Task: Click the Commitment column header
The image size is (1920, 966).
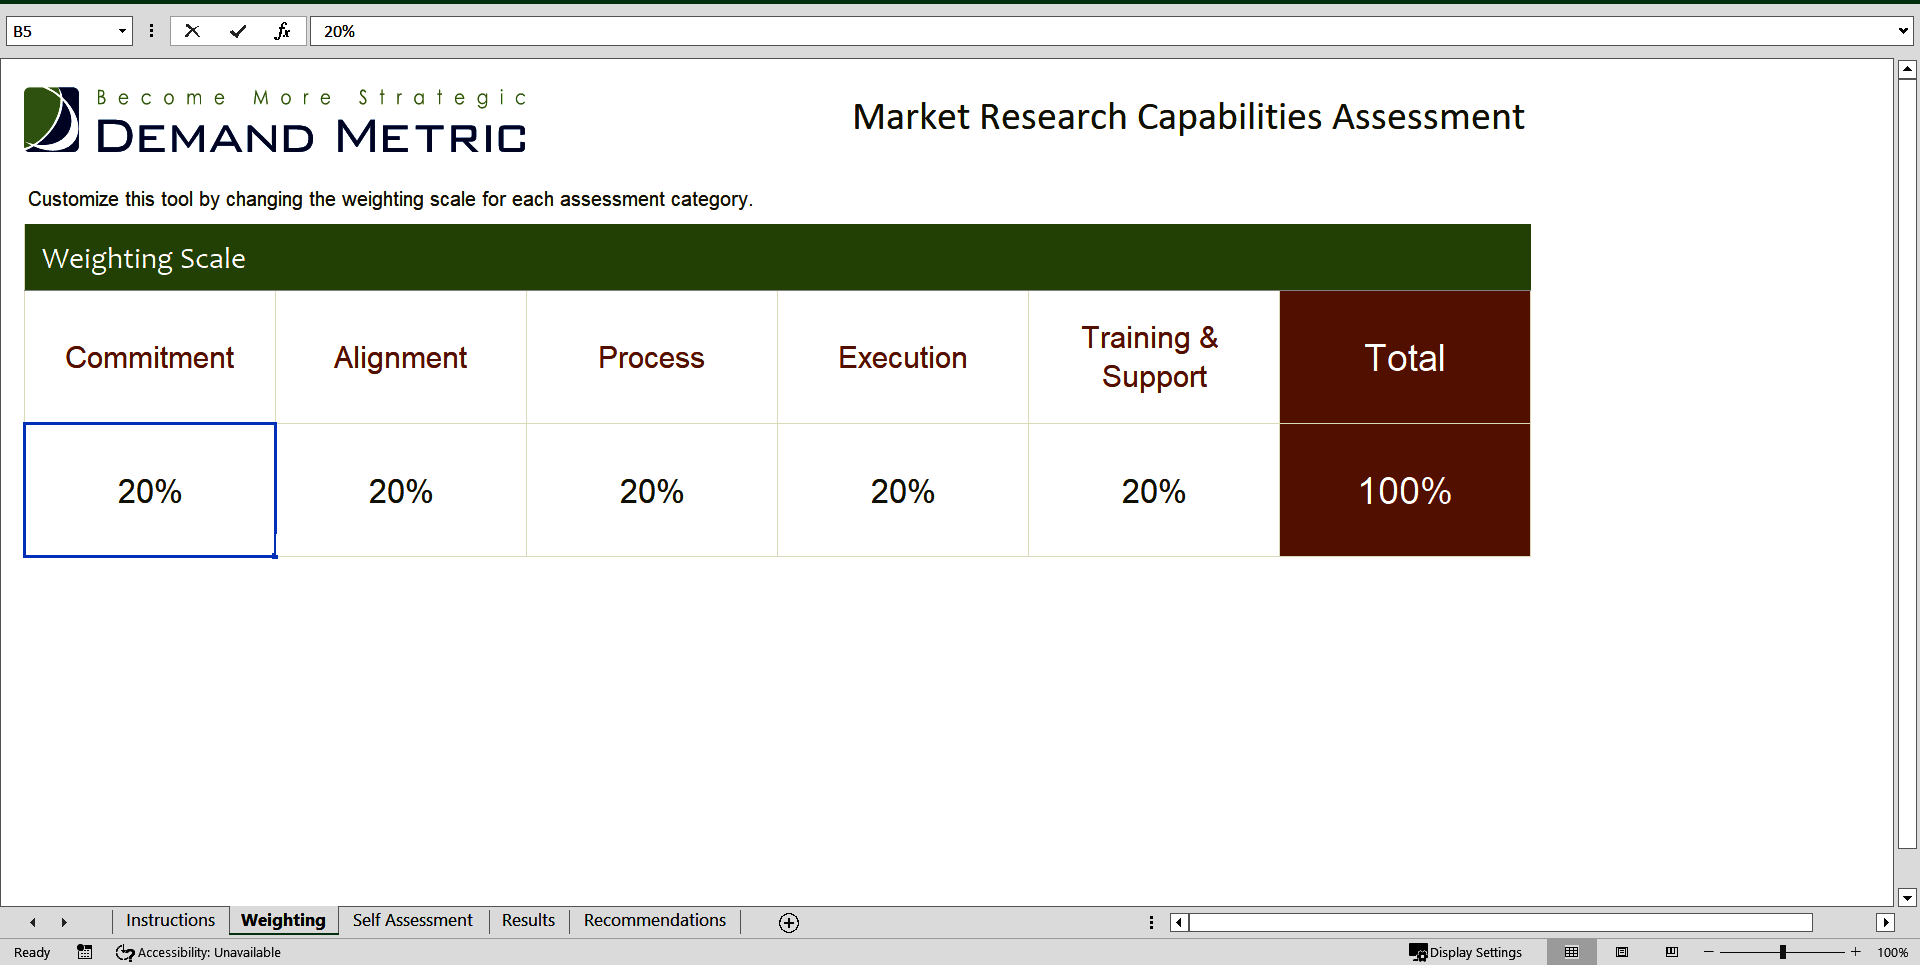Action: click(x=150, y=357)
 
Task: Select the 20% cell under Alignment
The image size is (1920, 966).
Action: click(x=400, y=491)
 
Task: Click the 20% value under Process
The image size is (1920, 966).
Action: click(x=651, y=491)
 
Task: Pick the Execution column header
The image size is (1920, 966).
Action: click(x=902, y=357)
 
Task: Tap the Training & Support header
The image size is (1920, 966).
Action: click(x=1153, y=357)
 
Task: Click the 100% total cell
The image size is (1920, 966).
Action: click(x=1404, y=491)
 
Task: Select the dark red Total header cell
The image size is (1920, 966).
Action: click(x=1404, y=357)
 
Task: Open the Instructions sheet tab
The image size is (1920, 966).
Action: click(x=170, y=920)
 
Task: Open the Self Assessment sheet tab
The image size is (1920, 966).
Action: click(x=412, y=920)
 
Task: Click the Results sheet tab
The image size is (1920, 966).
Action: click(x=528, y=920)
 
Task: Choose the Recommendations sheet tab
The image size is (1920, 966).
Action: click(x=655, y=920)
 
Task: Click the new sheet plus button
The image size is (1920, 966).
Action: click(x=789, y=922)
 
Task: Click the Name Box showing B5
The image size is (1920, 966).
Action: click(x=60, y=31)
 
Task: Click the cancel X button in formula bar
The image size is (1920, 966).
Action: click(x=192, y=31)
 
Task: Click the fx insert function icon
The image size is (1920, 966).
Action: click(x=282, y=31)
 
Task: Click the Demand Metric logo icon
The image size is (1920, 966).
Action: click(x=51, y=119)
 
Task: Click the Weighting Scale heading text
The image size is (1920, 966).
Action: click(x=144, y=258)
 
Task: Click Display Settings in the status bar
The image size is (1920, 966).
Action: click(x=1466, y=952)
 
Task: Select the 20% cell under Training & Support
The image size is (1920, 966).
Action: click(x=1153, y=491)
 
